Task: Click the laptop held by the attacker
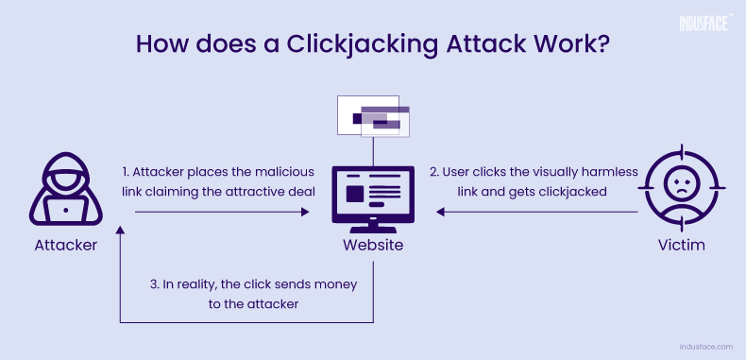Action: click(x=66, y=206)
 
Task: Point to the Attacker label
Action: click(x=65, y=247)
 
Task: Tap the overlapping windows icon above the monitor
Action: click(x=375, y=117)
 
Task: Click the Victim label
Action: click(x=681, y=247)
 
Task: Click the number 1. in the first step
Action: click(x=127, y=173)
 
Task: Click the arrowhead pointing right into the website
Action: click(x=306, y=213)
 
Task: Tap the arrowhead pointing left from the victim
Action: click(x=440, y=213)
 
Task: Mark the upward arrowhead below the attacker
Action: click(x=120, y=231)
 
